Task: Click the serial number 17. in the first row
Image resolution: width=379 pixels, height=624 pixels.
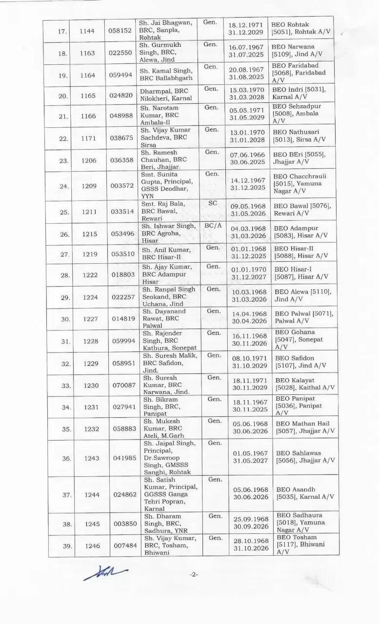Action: (62, 32)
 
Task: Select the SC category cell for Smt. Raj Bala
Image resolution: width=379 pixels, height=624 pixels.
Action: (212, 203)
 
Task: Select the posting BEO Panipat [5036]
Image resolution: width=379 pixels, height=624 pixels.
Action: (298, 406)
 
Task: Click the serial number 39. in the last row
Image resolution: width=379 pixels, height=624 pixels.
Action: (62, 546)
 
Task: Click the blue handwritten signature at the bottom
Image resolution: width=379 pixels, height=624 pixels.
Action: (105, 572)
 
